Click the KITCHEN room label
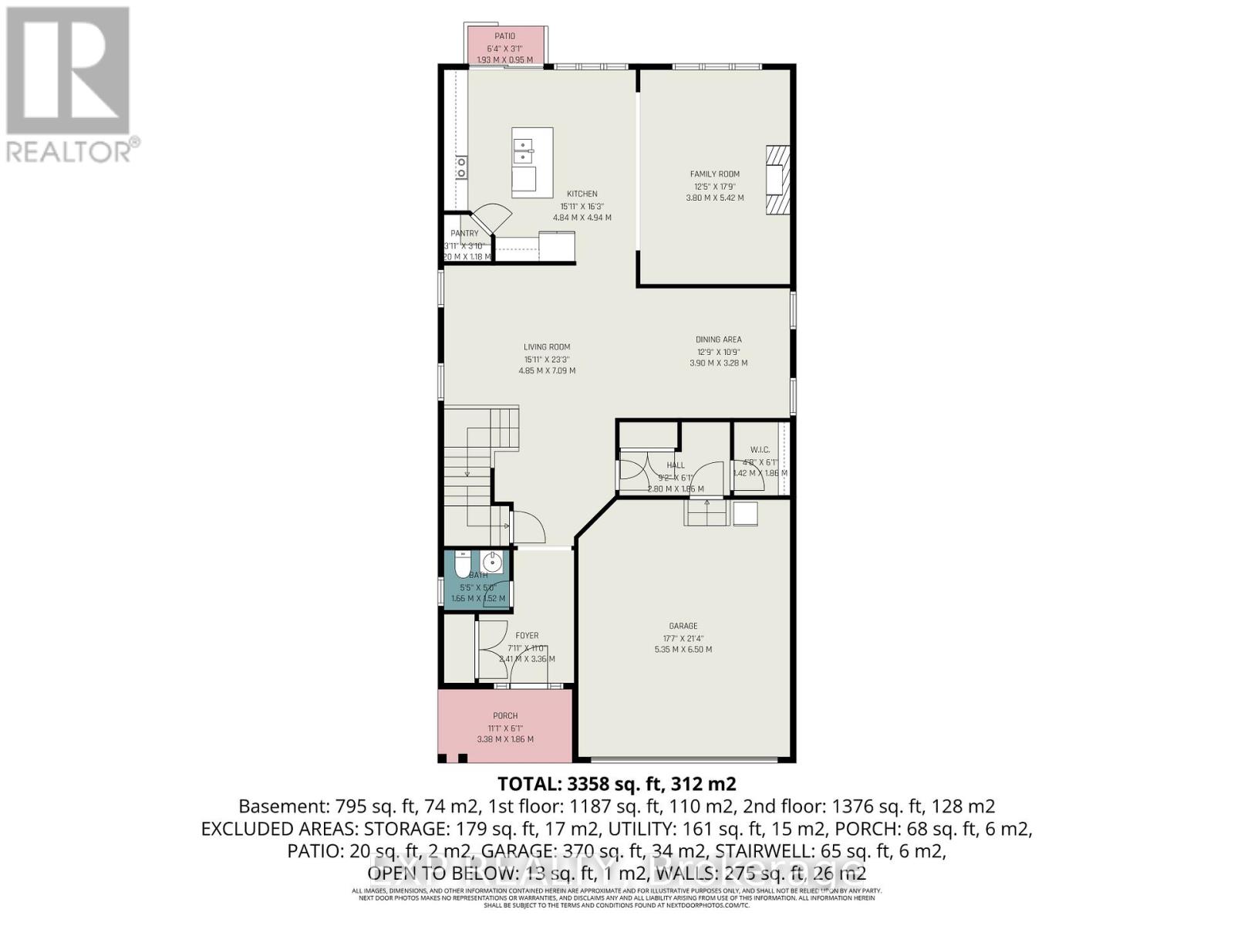[x=582, y=194]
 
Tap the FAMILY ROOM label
[x=714, y=174]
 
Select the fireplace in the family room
[x=777, y=179]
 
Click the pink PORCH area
[x=505, y=726]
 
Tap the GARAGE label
[x=683, y=626]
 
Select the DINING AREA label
[x=718, y=339]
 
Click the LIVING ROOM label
[x=547, y=346]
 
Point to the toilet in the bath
[x=462, y=565]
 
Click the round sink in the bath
[x=492, y=561]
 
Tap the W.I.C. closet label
[x=760, y=449]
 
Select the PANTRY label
[x=464, y=233]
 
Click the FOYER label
[x=527, y=635]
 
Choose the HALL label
[x=676, y=465]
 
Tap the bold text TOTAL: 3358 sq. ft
[x=617, y=783]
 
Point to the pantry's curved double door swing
[x=491, y=216]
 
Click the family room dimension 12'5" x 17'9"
[x=714, y=186]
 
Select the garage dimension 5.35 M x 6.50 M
[x=683, y=650]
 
